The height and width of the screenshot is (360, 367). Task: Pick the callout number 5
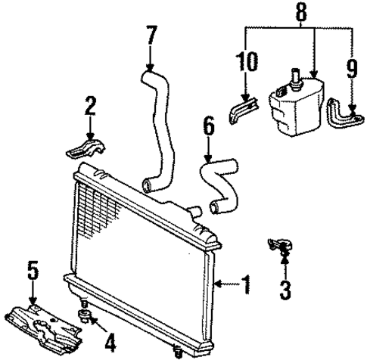pyautogui.click(x=32, y=270)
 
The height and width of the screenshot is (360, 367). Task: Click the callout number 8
pyautogui.click(x=300, y=12)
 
